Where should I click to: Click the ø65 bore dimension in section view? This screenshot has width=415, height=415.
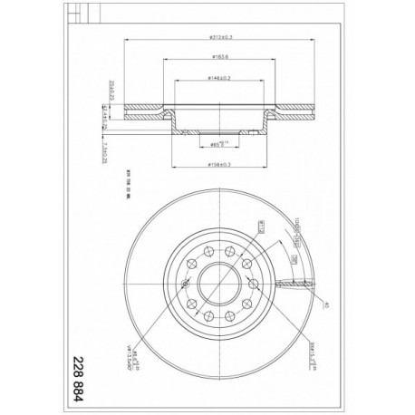(216, 142)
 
